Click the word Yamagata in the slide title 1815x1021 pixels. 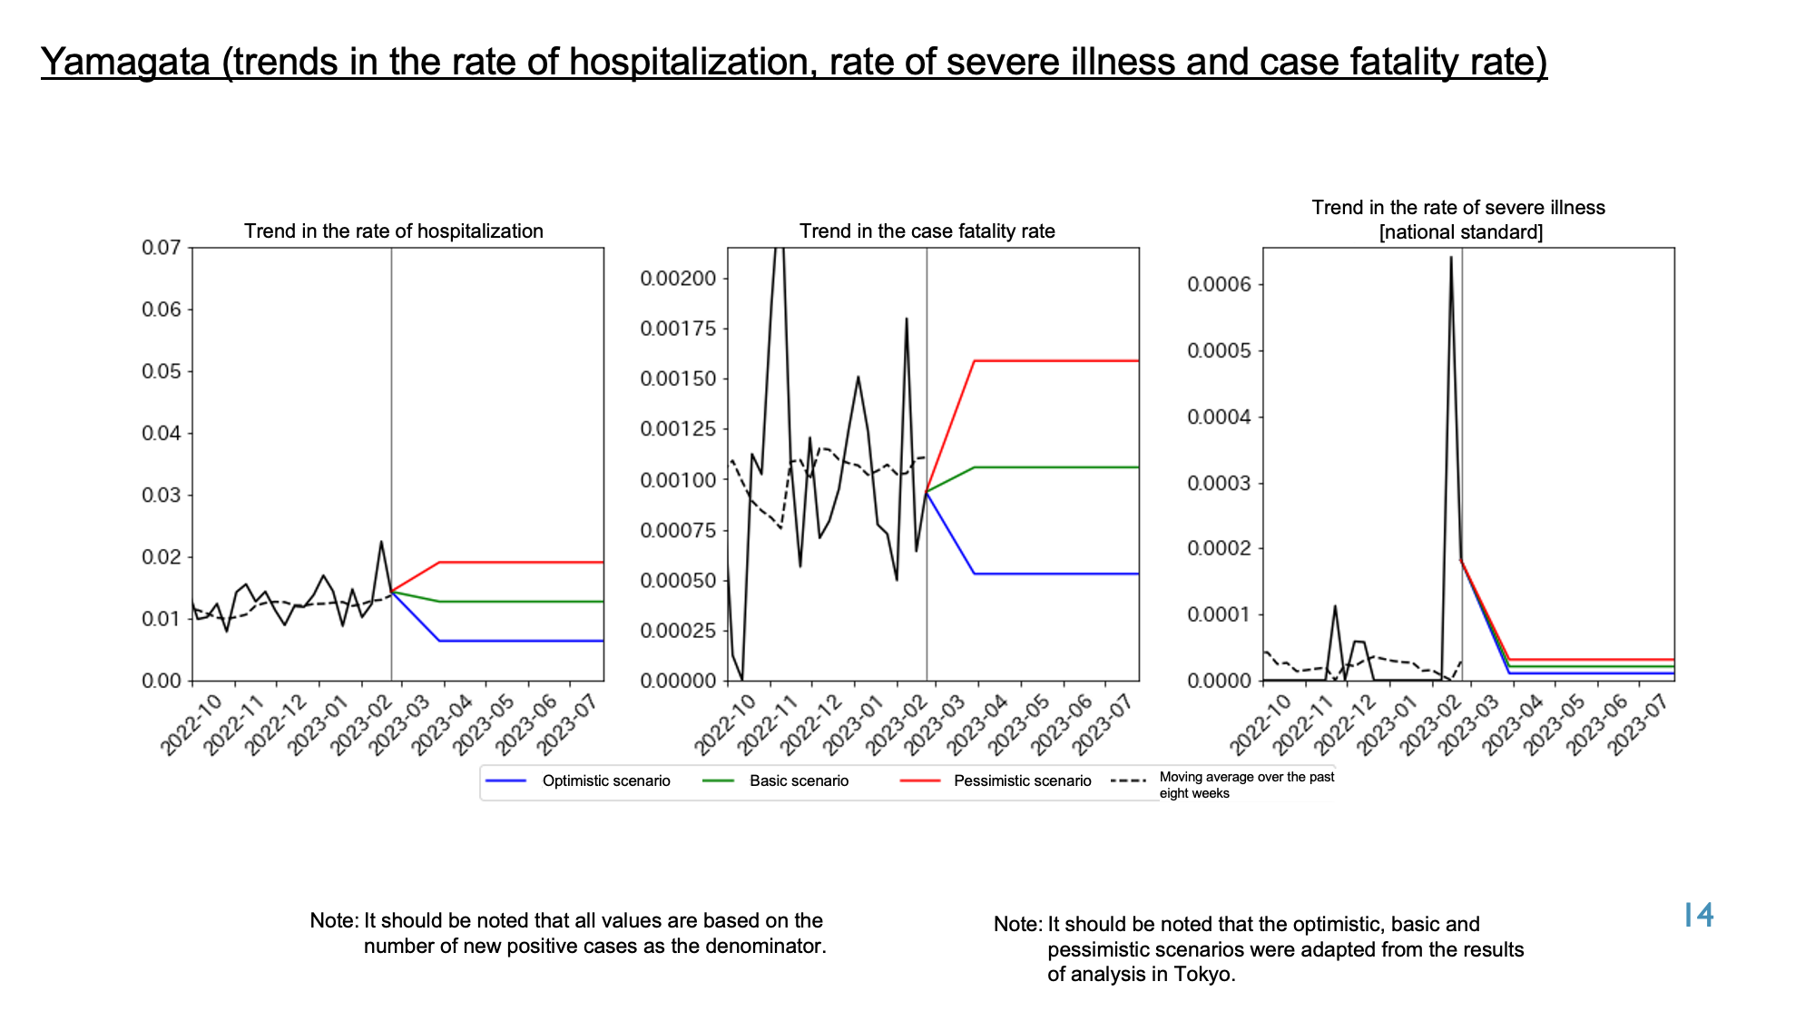[126, 62]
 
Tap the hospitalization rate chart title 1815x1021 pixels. [394, 231]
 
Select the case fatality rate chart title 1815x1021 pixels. [927, 231]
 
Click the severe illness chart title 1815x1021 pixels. [1459, 220]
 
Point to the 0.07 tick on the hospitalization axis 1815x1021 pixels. [162, 248]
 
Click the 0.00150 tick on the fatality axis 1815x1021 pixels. [678, 378]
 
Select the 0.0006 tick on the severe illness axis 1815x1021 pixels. [1220, 285]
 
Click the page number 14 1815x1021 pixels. [1699, 915]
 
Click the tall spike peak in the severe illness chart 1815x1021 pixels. [1451, 257]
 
